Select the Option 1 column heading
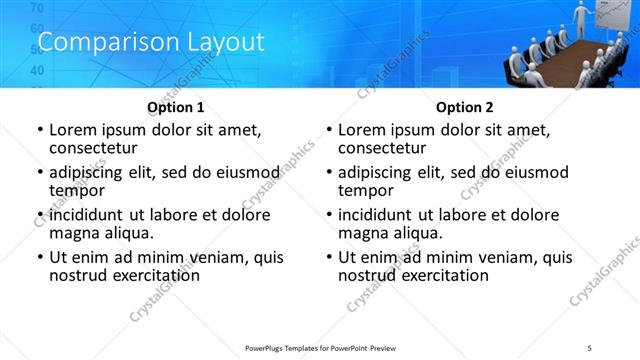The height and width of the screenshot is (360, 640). [175, 107]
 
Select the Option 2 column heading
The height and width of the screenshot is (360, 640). [464, 107]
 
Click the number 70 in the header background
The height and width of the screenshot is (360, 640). [37, 8]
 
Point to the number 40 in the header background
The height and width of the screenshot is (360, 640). [37, 71]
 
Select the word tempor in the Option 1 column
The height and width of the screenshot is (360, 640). [77, 189]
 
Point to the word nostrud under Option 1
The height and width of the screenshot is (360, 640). [77, 275]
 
